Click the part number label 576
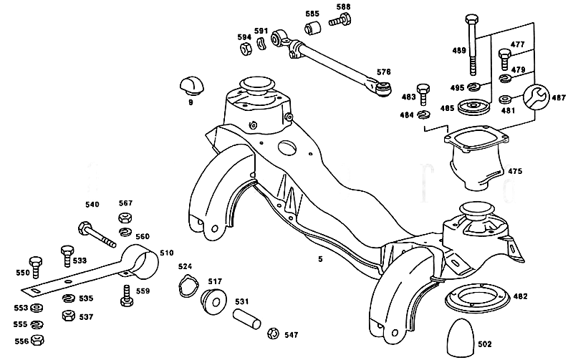coord(384,72)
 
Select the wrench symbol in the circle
coord(536,97)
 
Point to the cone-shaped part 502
coord(461,338)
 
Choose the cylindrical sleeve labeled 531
coord(247,318)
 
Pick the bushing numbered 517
coord(213,301)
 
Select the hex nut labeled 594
coord(246,49)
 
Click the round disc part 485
coord(473,107)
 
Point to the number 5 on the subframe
coord(320,259)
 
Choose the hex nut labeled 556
coord(37,340)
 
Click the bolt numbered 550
coord(35,267)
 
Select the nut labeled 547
coord(272,334)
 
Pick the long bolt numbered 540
coord(97,234)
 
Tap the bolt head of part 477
coord(504,54)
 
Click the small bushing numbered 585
coord(312,28)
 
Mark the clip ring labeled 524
coord(188,286)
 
